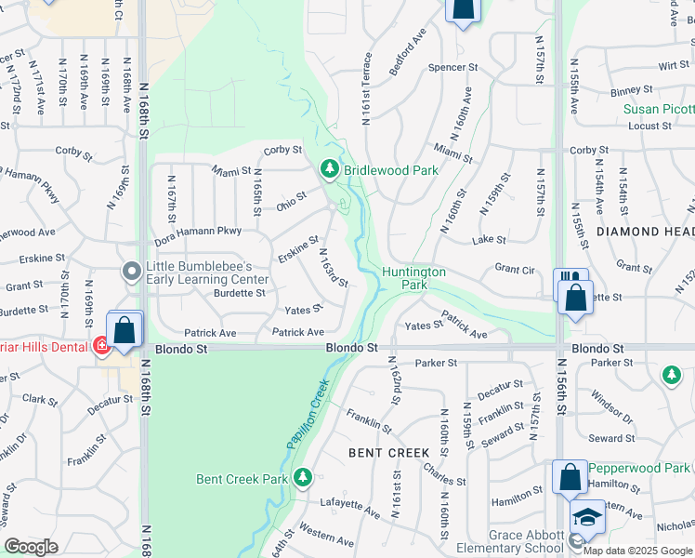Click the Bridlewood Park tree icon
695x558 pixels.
[x=328, y=169]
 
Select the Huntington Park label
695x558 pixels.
[x=413, y=278]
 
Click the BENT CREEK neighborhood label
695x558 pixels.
[x=388, y=453]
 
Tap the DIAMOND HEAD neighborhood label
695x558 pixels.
[x=646, y=231]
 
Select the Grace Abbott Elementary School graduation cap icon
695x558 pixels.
[x=587, y=517]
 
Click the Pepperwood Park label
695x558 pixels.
[x=640, y=468]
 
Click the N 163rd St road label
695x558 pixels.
[x=334, y=268]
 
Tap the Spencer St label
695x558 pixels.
[x=452, y=68]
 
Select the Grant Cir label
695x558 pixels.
[x=515, y=270]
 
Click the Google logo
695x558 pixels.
[x=31, y=547]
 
